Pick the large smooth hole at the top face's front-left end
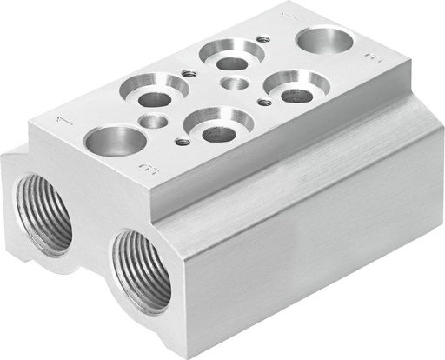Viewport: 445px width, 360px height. pyautogui.click(x=115, y=139)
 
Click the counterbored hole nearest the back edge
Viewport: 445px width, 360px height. pyautogui.click(x=231, y=56)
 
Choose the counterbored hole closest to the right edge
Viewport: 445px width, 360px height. pyautogui.click(x=296, y=86)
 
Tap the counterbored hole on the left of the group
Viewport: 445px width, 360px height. pyautogui.click(x=155, y=91)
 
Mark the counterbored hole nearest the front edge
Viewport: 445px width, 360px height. pyautogui.click(x=218, y=125)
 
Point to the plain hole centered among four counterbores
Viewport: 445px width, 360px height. pyautogui.click(x=235, y=83)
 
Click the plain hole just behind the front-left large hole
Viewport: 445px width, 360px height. pyautogui.click(x=153, y=121)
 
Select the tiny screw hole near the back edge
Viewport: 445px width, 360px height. pyautogui.click(x=262, y=38)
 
